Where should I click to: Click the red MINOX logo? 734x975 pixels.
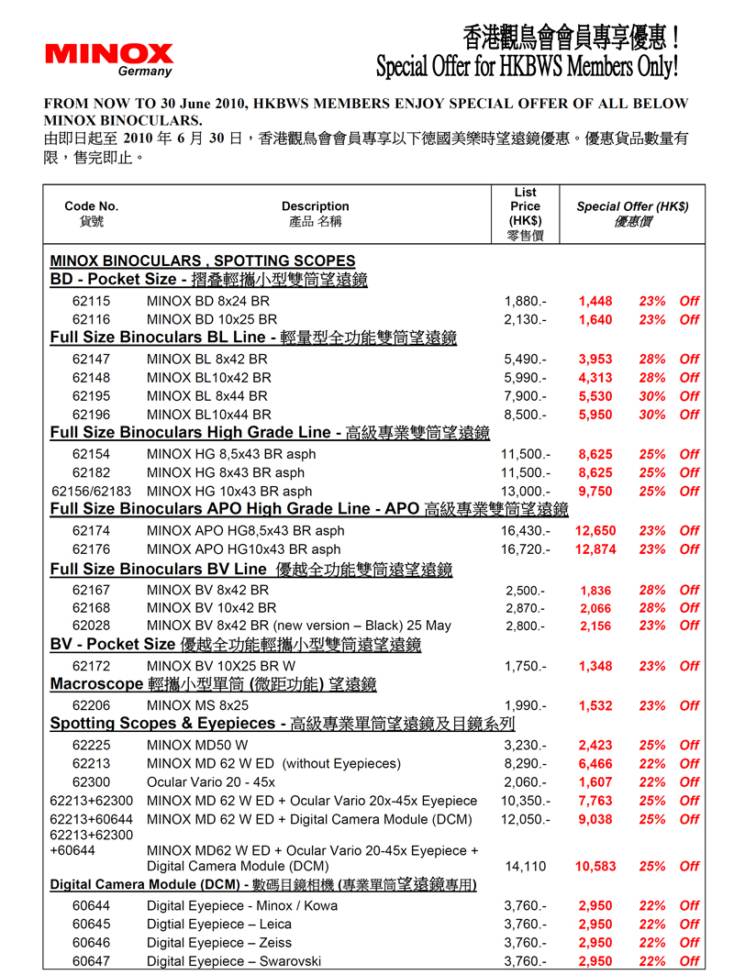108,54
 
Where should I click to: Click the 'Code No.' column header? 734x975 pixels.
91,206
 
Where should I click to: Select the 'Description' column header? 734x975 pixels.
315,206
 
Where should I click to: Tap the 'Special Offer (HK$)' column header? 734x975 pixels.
632,206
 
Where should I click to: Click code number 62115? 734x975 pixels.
91,301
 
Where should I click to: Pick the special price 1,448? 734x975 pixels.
595,301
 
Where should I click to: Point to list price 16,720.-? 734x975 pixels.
525,549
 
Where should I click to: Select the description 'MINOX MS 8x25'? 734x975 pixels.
197,705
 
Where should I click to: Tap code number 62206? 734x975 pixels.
91,705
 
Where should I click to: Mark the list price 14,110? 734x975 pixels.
525,866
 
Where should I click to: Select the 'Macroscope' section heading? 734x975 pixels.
95,684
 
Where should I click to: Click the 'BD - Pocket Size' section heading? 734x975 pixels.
113,279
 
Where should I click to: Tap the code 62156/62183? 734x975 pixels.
91,492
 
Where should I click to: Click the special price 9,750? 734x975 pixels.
595,492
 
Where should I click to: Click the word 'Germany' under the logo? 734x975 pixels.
144,72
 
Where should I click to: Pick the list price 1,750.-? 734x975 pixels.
527,666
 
